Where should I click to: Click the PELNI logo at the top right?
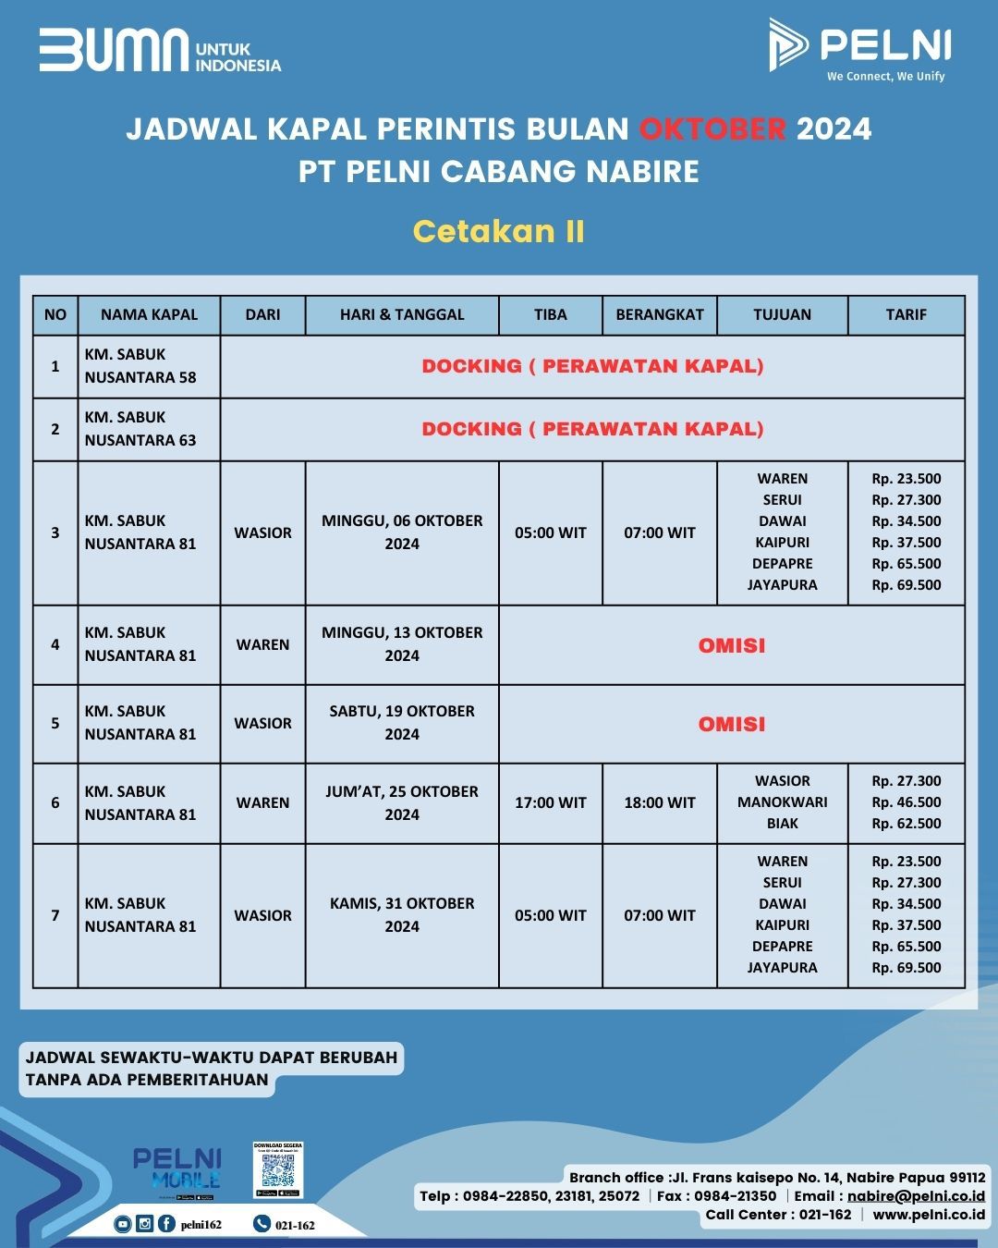[x=859, y=48]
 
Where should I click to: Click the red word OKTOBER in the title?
[x=712, y=128]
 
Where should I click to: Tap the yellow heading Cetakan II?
[x=499, y=231]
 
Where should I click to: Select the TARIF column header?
[x=906, y=314]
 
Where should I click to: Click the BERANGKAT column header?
[x=659, y=314]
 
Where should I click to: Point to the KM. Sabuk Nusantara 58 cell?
[x=140, y=366]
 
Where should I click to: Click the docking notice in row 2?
[x=592, y=429]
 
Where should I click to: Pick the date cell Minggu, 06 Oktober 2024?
[x=402, y=532]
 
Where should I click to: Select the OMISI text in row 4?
[x=732, y=645]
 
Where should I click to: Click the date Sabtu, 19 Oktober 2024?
[x=402, y=723]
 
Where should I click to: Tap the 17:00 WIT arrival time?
[x=551, y=802]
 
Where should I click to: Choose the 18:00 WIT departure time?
[x=659, y=802]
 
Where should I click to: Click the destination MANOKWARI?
[x=782, y=802]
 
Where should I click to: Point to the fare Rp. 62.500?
[x=906, y=824]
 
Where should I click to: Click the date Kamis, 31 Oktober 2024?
[x=402, y=915]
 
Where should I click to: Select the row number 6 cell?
[x=55, y=802]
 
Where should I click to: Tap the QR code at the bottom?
[x=278, y=1171]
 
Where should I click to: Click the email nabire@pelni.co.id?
[x=916, y=1196]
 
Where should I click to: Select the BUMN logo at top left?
[x=159, y=51]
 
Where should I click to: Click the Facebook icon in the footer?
[x=166, y=1224]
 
